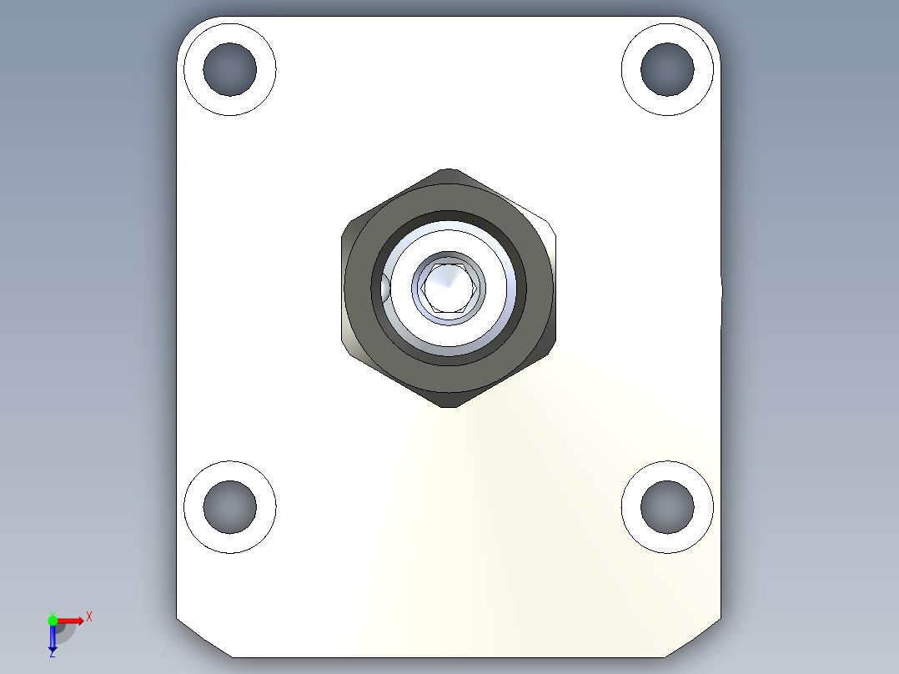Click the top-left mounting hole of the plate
pos(229,68)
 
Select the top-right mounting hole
pos(667,68)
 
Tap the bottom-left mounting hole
pos(229,506)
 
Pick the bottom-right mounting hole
pos(667,506)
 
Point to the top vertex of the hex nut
pos(449,171)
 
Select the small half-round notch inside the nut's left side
pos(385,288)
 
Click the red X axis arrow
pos(71,620)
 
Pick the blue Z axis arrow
pos(53,637)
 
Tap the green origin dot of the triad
pos(53,620)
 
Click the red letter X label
pos(89,617)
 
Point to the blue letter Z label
pos(53,654)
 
